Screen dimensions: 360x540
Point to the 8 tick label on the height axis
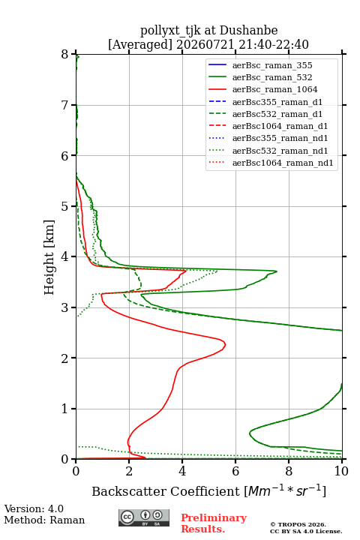[65, 54]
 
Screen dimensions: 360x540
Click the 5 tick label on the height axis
[65, 206]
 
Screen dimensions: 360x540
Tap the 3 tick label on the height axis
[65, 307]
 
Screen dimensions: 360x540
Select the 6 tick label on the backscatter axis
[235, 471]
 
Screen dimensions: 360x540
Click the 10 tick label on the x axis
[341, 471]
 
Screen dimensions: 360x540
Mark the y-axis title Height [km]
[49, 257]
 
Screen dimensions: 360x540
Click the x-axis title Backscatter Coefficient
[165, 491]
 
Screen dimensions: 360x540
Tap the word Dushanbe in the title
[248, 31]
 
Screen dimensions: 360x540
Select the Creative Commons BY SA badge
[144, 518]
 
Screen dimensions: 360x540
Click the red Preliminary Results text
[214, 523]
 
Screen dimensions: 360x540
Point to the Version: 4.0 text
[34, 509]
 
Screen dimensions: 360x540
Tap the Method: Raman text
[44, 520]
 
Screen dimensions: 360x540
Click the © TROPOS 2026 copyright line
[298, 524]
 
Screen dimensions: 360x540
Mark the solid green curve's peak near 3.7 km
[277, 271]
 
